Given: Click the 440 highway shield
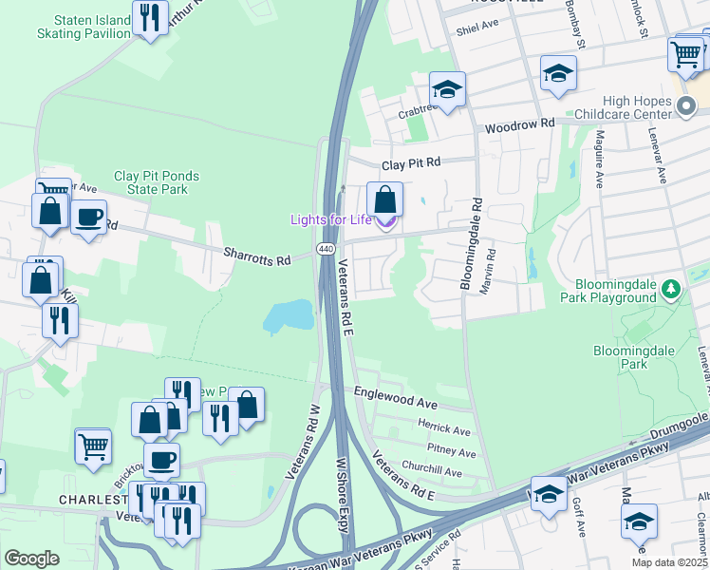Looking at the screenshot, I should pos(325,249).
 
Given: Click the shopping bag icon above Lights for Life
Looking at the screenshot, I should pos(384,201).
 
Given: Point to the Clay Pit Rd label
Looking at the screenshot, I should pos(411,163).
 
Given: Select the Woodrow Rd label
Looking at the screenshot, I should pos(519,124).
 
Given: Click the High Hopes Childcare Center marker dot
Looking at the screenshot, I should pos(688,112).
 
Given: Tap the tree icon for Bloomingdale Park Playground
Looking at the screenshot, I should pos(671,288).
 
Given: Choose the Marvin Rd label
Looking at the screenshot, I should pos(491,270).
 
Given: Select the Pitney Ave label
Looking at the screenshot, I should pos(451,451).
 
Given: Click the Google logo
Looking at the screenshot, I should pos(31,559).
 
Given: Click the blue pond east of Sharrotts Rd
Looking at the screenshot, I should pos(289,316).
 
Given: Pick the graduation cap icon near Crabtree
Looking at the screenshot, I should pos(448,91).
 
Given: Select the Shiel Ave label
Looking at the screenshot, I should pos(476,28).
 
